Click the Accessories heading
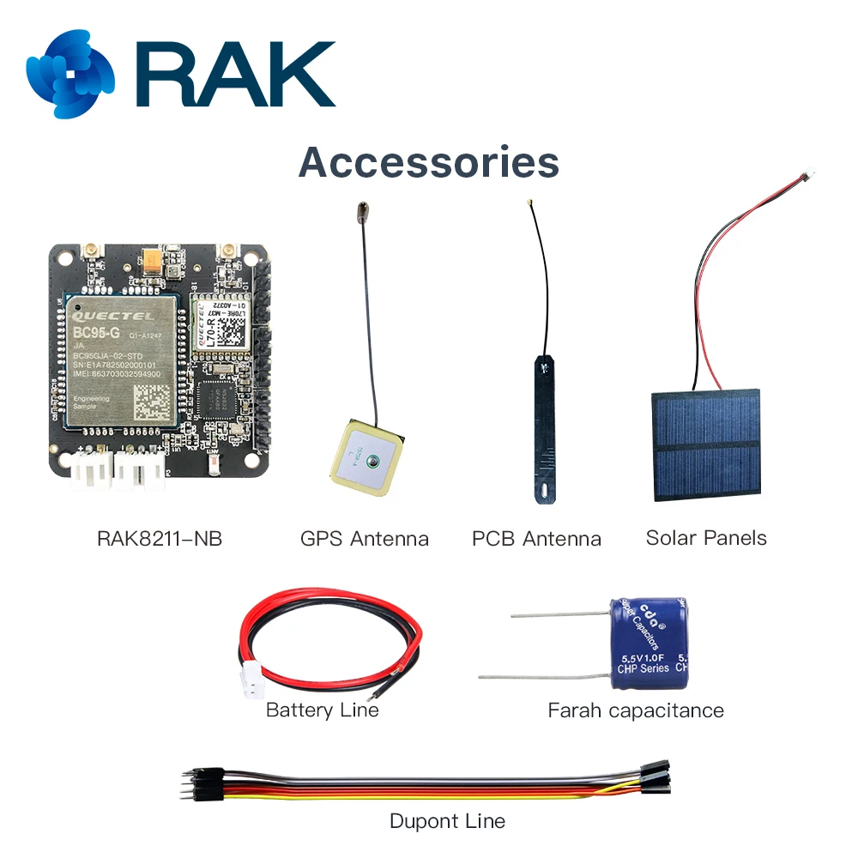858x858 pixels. click(x=428, y=162)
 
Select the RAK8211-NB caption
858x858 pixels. click(x=160, y=539)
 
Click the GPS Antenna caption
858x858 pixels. click(x=365, y=539)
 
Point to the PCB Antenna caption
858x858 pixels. click(x=536, y=539)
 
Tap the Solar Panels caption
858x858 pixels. click(x=706, y=538)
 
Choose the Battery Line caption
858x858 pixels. click(x=322, y=710)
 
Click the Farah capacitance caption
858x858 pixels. click(x=636, y=710)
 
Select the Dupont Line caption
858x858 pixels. click(x=447, y=821)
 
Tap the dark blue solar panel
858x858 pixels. click(x=706, y=444)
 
